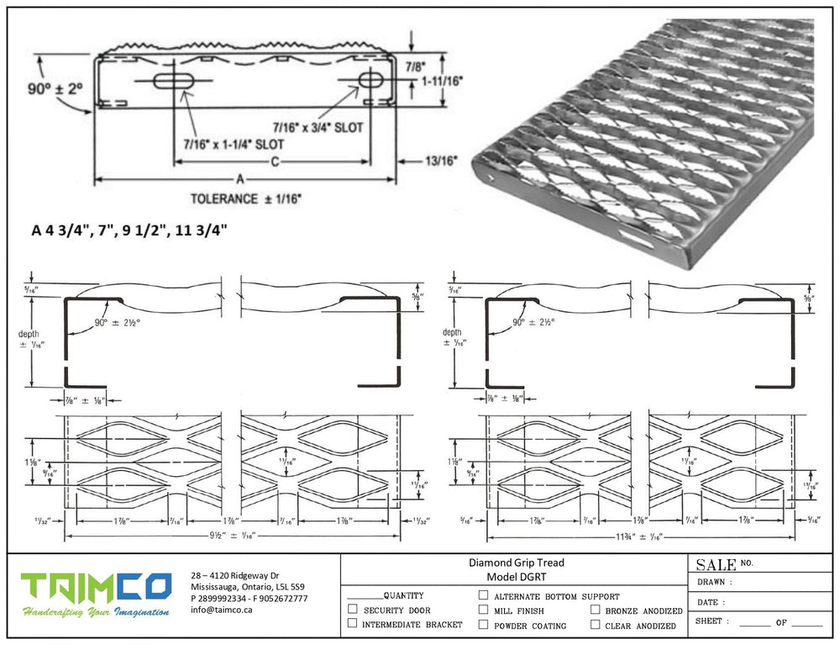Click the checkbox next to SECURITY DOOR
353,609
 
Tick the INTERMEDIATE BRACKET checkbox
353,624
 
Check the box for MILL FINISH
483,610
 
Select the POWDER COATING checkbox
483,625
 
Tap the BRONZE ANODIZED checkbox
596,610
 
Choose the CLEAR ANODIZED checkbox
596,625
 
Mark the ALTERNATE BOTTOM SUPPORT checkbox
483,595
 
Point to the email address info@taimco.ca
221,610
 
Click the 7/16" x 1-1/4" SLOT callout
233,144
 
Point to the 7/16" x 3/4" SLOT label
319,126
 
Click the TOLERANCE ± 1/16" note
245,199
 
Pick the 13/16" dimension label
440,159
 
